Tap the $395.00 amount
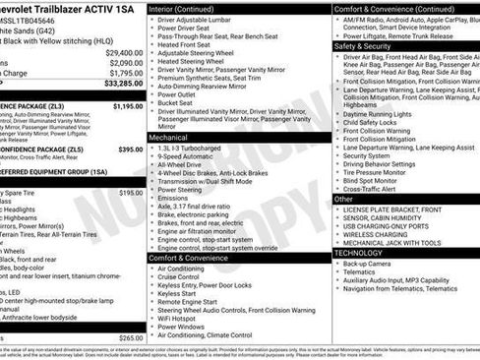(131, 150)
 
